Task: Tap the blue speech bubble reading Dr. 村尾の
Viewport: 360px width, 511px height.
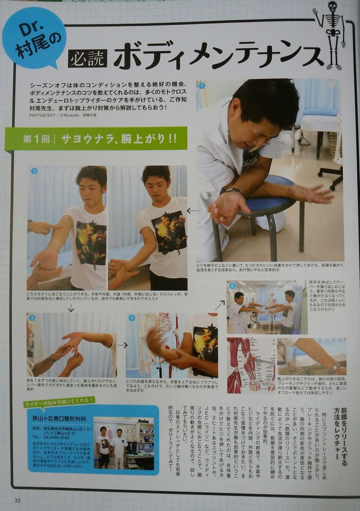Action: (34, 38)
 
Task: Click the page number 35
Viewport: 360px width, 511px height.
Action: (17, 501)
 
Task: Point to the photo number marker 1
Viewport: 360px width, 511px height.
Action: (202, 85)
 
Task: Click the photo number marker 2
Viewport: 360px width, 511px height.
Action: (34, 171)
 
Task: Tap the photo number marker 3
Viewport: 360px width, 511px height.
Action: (32, 318)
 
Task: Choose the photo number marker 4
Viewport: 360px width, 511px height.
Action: (132, 318)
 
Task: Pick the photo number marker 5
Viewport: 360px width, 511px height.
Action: (232, 286)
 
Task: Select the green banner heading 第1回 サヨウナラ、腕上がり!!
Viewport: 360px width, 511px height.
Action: (91, 139)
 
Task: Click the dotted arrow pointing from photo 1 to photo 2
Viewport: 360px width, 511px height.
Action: (192, 210)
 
